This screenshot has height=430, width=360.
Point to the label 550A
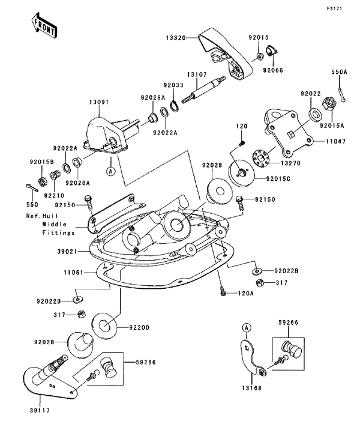coord(340,71)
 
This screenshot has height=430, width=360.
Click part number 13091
coord(100,103)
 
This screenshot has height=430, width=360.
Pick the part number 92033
coord(174,86)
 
